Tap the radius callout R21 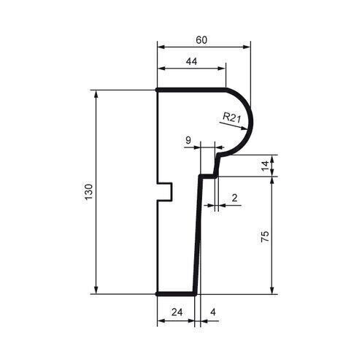(231, 117)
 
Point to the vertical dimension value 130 (89, 192)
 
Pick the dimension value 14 (265, 166)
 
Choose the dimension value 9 (188, 140)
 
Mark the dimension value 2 (234, 198)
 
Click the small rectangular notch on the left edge (166, 191)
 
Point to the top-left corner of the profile (158, 90)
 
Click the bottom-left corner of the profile (158, 293)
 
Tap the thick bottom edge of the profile (177, 293)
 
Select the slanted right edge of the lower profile (198, 234)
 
